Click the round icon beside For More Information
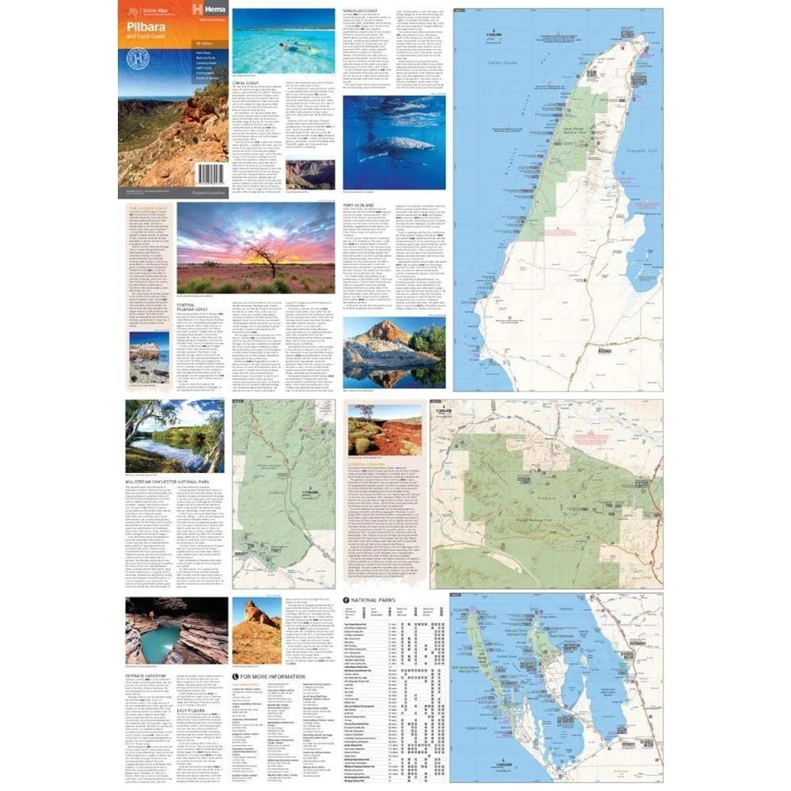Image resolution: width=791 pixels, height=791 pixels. (x=235, y=678)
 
